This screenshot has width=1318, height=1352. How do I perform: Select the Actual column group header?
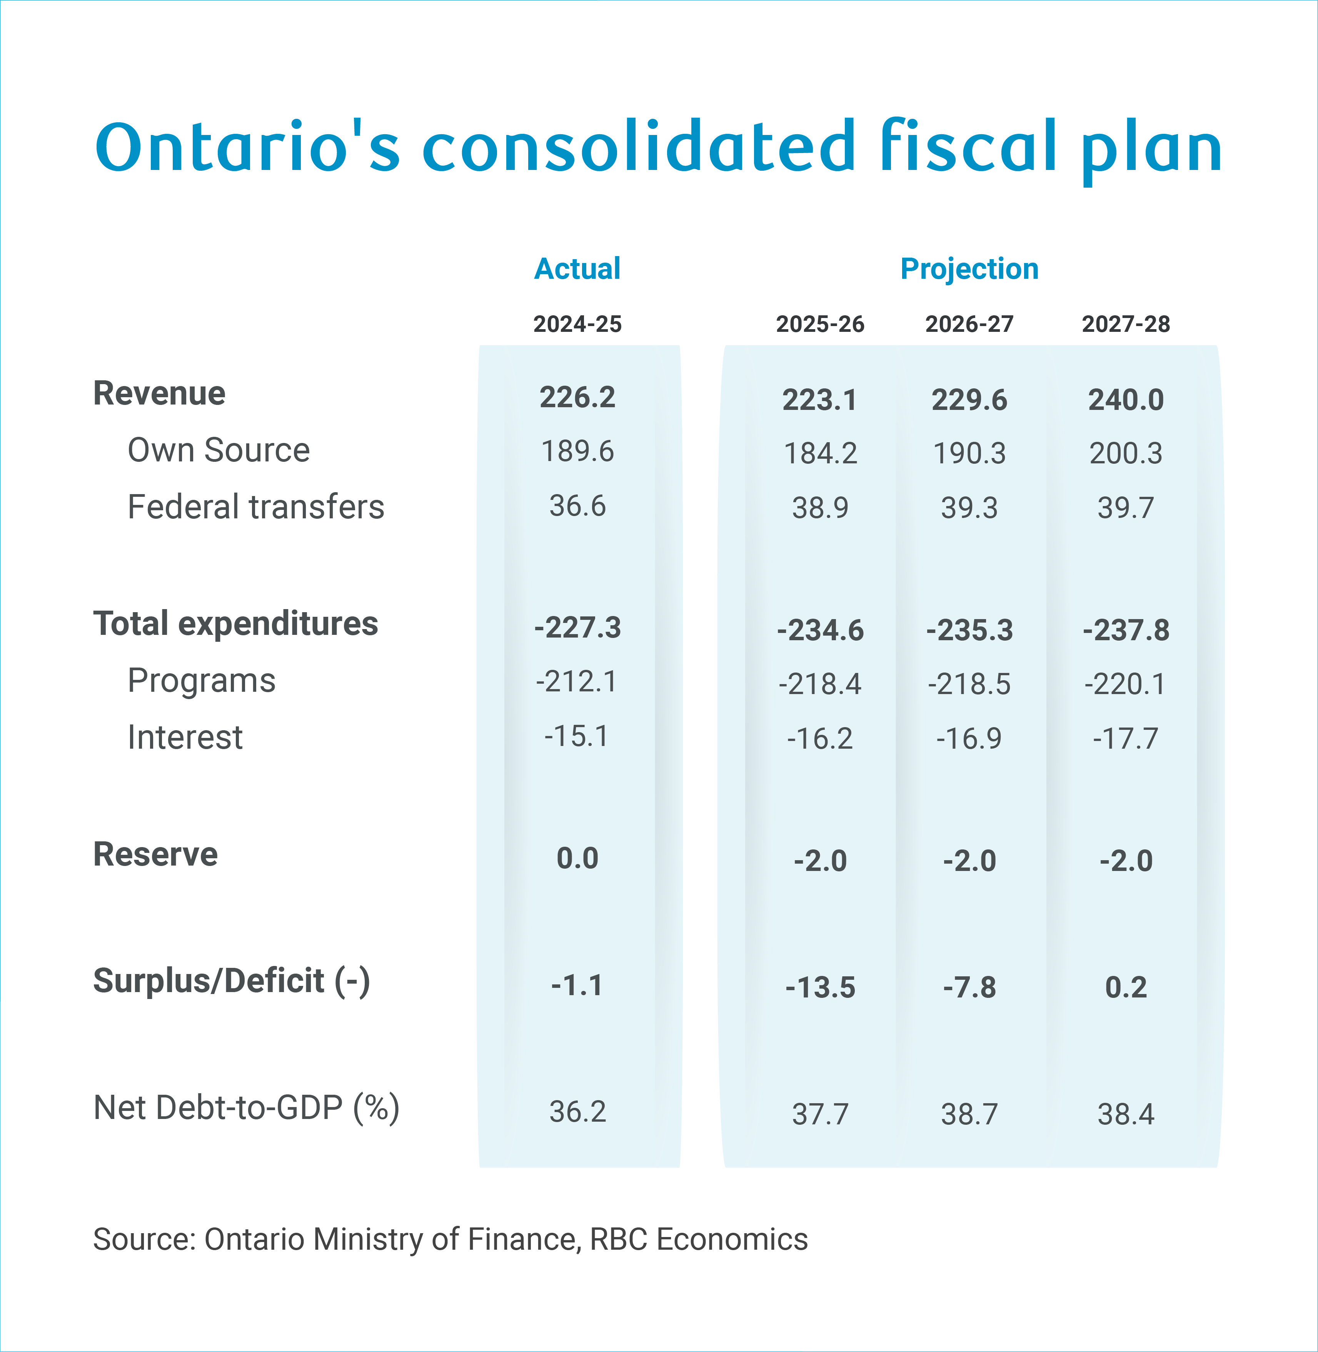pyautogui.click(x=577, y=268)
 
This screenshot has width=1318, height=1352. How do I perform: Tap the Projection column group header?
pyautogui.click(x=969, y=268)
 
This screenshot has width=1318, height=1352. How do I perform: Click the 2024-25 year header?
pyautogui.click(x=577, y=324)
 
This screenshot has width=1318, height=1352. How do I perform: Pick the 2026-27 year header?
pyautogui.click(x=969, y=324)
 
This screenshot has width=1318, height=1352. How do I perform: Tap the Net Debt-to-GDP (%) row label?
pyautogui.click(x=247, y=1108)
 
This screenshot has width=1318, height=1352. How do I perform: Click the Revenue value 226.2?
pyautogui.click(x=577, y=397)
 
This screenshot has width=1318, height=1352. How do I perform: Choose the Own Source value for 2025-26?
pyautogui.click(x=820, y=454)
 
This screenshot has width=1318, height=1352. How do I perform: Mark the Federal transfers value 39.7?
pyautogui.click(x=1126, y=508)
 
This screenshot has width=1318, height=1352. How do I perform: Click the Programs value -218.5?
pyautogui.click(x=969, y=684)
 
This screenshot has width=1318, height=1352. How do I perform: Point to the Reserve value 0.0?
pyautogui.click(x=577, y=859)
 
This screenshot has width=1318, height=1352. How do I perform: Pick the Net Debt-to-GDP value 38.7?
pyautogui.click(x=969, y=1115)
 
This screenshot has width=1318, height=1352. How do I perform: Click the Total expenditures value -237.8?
pyautogui.click(x=1126, y=630)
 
